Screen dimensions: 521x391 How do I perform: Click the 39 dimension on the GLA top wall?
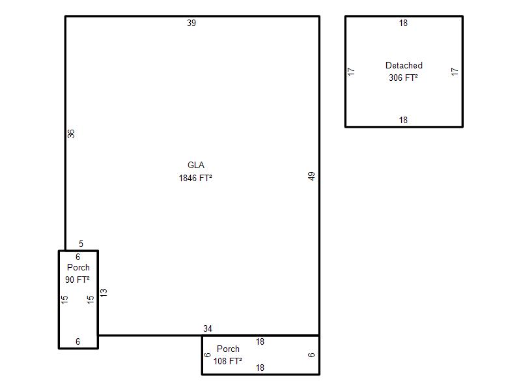click(191, 23)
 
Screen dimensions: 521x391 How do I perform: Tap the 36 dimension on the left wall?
click(71, 134)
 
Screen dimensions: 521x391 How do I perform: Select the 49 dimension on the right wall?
click(311, 176)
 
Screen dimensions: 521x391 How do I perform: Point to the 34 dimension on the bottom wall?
click(208, 328)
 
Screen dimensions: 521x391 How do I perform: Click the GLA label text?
click(196, 165)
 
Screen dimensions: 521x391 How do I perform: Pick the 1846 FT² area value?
click(195, 178)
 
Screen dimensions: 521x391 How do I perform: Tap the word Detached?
click(404, 65)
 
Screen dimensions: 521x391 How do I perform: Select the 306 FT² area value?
click(403, 78)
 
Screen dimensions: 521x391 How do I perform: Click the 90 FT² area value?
click(77, 280)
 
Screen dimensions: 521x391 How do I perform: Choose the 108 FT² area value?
click(227, 361)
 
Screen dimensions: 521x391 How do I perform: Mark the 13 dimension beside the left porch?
click(104, 293)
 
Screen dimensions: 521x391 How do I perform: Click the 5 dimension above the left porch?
click(81, 244)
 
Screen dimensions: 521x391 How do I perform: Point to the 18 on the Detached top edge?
click(403, 23)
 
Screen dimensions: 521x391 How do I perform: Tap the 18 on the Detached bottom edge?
click(403, 120)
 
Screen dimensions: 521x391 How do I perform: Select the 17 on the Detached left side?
click(351, 72)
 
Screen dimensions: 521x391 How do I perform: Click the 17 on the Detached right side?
click(455, 72)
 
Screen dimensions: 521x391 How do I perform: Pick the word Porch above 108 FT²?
click(228, 349)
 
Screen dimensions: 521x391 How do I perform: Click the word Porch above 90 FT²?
click(78, 267)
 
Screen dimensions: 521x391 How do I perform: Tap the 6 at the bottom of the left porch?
click(77, 341)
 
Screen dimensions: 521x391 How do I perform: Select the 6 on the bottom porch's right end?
click(311, 355)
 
